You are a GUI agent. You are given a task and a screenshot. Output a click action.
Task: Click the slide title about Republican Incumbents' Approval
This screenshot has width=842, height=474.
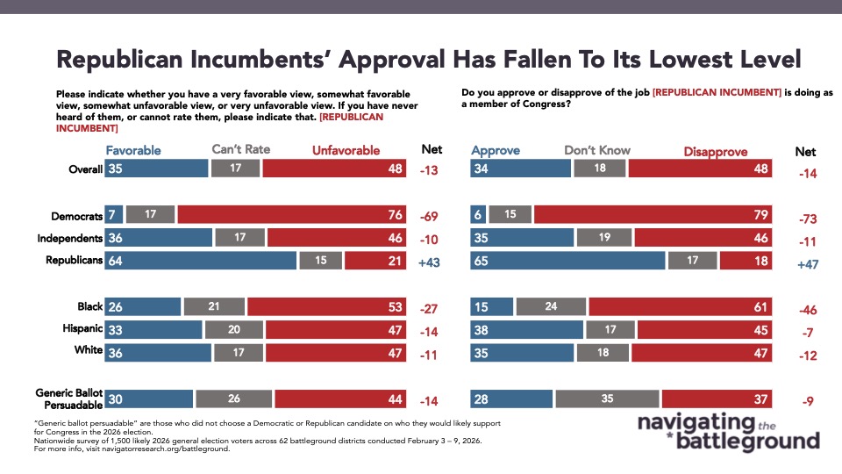click(429, 60)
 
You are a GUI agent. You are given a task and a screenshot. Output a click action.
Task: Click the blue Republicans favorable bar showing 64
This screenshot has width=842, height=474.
click(200, 260)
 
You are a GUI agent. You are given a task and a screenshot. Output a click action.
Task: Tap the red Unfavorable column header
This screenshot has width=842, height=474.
click(346, 150)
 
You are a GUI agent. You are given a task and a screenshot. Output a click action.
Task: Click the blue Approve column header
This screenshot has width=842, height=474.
click(496, 150)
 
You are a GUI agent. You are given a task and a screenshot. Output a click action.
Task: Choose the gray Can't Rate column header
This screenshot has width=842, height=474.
click(242, 149)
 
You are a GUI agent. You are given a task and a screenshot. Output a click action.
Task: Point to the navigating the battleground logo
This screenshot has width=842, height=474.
click(728, 431)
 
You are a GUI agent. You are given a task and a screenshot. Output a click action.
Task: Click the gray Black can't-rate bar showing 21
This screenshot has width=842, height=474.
click(214, 306)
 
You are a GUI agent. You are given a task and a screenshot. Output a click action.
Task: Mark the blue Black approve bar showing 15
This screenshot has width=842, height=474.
click(492, 306)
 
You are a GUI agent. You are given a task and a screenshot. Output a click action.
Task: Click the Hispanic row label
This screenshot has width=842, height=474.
click(79, 329)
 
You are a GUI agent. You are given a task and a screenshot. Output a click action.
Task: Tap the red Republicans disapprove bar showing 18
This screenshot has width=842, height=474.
click(746, 260)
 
